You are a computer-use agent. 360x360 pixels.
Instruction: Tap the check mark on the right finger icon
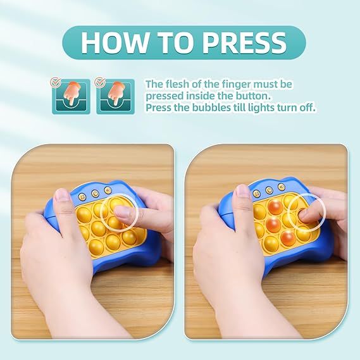point(100,82)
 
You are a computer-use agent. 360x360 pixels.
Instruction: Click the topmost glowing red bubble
point(275,206)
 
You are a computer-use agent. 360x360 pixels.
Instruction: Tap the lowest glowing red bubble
point(287,239)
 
